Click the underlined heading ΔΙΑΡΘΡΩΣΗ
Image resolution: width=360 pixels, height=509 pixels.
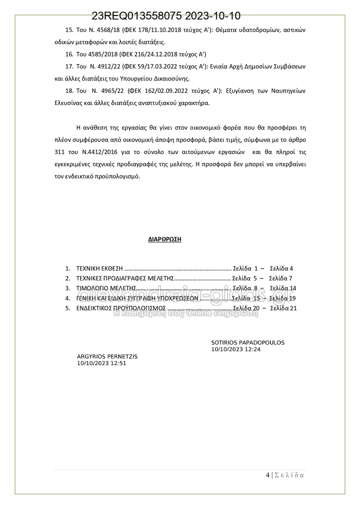[x=165, y=239]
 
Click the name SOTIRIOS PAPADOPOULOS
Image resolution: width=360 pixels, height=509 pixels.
[x=248, y=343]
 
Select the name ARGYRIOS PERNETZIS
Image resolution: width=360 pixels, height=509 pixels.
[x=107, y=357]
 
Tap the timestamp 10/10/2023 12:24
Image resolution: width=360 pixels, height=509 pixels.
[x=236, y=349]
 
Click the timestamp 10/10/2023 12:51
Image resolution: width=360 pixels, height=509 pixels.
[x=102, y=363]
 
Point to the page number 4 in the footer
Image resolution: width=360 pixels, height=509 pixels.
[x=268, y=475]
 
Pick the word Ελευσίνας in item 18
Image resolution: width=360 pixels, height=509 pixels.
[x=69, y=102]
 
